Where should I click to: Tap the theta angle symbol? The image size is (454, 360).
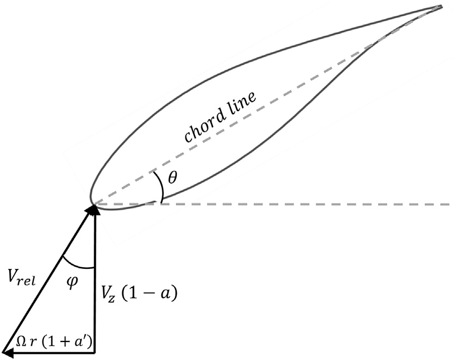pos(172,178)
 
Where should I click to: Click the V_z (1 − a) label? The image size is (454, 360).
pos(139,295)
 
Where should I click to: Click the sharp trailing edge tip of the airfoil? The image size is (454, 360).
pos(440,7)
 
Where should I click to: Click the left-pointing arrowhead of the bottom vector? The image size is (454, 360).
pos(8,352)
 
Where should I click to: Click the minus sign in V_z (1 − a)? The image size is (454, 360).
pos(154,295)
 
